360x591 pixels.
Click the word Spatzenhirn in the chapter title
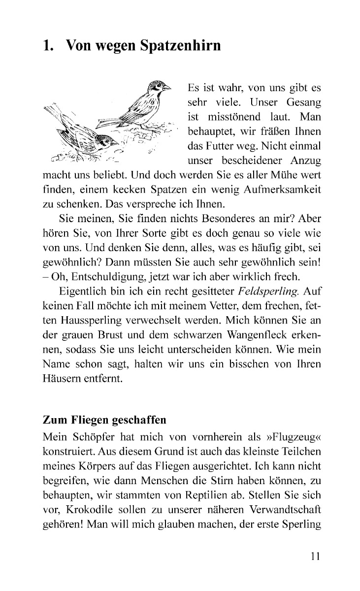pos(181,46)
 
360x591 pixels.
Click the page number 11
pos(316,557)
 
